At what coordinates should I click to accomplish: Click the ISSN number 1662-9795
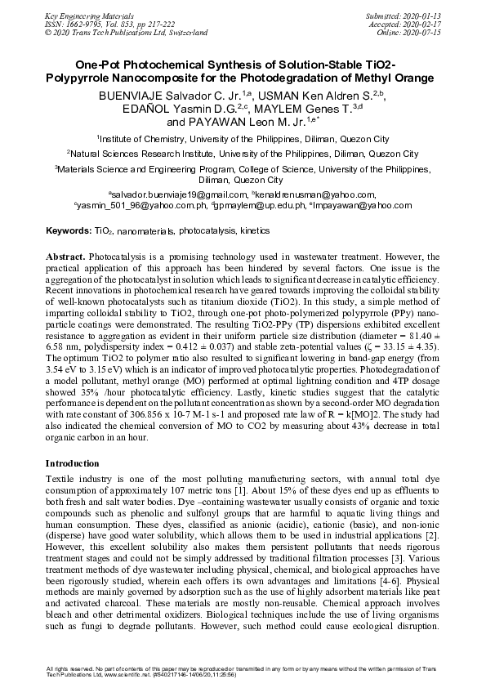[x=82, y=24]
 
